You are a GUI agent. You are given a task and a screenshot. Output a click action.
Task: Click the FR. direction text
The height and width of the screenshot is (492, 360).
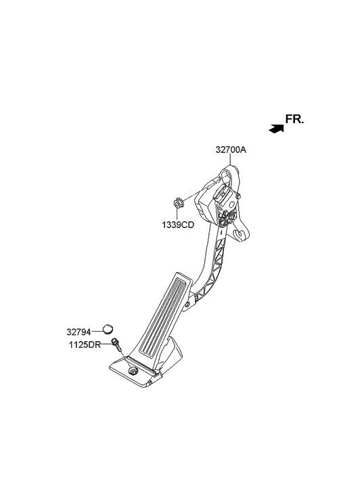click(x=294, y=120)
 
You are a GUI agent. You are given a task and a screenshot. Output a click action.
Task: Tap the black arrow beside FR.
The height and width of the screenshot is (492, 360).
click(x=275, y=127)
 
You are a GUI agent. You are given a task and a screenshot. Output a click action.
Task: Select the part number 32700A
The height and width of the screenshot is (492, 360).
click(x=231, y=151)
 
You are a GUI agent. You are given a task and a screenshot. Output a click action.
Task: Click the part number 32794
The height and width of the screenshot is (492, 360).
click(x=78, y=332)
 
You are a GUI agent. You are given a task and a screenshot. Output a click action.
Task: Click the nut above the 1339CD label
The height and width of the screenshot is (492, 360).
click(x=178, y=201)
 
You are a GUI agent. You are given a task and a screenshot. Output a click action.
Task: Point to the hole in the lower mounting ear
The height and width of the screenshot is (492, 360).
click(x=238, y=234)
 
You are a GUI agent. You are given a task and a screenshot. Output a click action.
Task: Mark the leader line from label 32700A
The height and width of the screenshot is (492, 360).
click(x=233, y=161)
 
